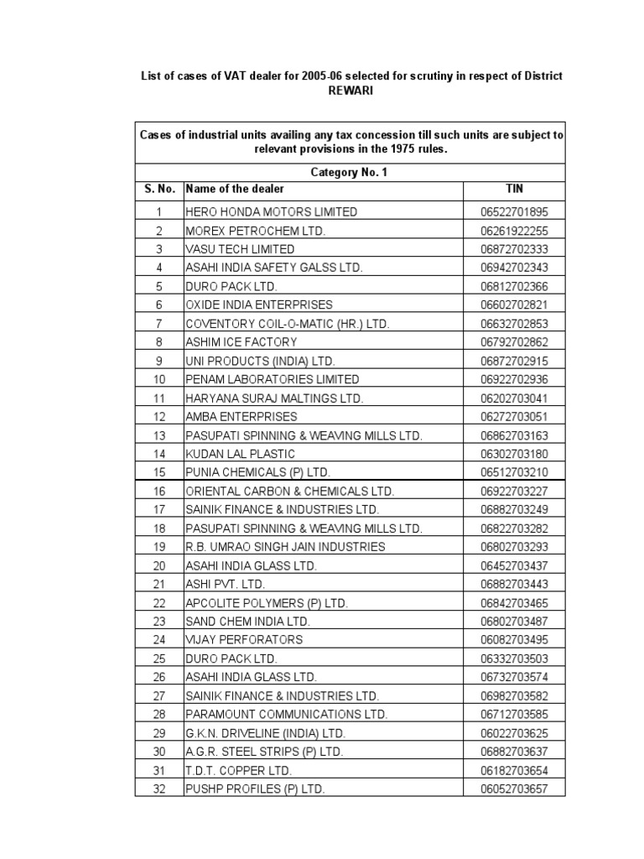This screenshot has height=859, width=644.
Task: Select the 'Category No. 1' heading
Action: pos(350,172)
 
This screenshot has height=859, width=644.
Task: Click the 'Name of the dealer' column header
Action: pos(235,190)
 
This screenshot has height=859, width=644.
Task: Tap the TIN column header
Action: pos(514,190)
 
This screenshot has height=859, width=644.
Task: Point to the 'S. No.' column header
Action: pos(159,190)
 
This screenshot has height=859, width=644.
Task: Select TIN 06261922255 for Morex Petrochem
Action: pos(514,231)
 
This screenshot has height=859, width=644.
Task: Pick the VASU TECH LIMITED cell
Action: pos(240,249)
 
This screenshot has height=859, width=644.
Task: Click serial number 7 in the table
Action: pos(159,324)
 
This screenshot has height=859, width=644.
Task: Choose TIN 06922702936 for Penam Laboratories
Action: pos(514,379)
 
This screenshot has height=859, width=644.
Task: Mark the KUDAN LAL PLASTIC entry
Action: pos(241,454)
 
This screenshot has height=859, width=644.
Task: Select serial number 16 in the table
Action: pos(159,491)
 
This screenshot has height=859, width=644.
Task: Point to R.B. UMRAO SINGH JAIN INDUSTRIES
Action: pos(285,547)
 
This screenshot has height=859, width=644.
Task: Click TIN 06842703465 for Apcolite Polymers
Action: pos(514,602)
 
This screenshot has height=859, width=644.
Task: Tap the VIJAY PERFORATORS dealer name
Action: pos(244,639)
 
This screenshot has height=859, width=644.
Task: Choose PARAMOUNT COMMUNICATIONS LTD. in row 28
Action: pos(286,714)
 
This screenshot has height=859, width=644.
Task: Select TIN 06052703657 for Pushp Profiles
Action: pos(514,789)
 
